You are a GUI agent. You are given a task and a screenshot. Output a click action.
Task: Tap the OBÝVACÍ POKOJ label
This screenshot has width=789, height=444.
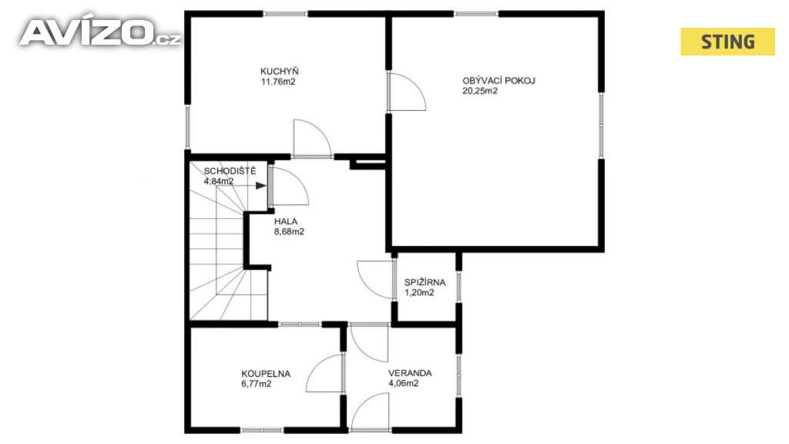point(499,80)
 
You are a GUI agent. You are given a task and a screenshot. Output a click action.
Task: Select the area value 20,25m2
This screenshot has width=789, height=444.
point(480,91)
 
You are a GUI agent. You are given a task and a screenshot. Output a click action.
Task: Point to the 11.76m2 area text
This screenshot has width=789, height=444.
point(277,82)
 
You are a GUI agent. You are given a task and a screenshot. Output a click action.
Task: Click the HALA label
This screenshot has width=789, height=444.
point(286,221)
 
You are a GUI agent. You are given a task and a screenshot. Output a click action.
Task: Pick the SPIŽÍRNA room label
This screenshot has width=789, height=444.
point(425,282)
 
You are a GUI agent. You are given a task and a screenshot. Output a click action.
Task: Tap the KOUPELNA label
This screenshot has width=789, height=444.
point(266,374)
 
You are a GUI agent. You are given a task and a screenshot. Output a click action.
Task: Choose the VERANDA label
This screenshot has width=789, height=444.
point(410,373)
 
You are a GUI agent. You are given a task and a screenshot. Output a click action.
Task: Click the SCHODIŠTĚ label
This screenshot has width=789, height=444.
point(230,170)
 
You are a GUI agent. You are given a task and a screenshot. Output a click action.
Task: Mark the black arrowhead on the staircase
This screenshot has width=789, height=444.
point(260,186)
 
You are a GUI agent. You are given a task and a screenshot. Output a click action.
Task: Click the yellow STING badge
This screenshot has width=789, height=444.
point(727,42)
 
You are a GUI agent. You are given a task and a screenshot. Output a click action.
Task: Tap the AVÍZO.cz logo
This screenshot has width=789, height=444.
point(99,32)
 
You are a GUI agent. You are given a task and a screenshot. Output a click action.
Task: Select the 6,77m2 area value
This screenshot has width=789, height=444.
point(256,384)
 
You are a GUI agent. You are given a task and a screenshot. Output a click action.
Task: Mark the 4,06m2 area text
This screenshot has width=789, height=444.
point(403,383)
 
